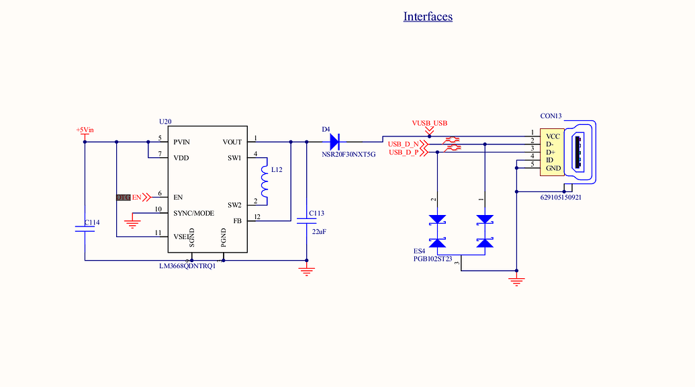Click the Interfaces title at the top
[x=428, y=16]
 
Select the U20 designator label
[x=165, y=122]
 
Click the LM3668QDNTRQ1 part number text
[x=187, y=266]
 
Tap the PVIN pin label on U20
[x=181, y=142]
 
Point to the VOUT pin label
[x=232, y=142]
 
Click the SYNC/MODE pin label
[x=193, y=213]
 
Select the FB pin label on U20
[x=237, y=221]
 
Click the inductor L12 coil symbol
[x=265, y=181]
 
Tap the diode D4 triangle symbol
[x=334, y=142]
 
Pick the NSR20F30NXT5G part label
[x=349, y=154]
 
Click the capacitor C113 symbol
[x=307, y=223]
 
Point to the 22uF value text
[x=318, y=231]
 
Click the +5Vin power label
[x=85, y=130]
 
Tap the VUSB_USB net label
[x=429, y=123]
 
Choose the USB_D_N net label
[x=404, y=144]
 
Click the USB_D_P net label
[x=404, y=153]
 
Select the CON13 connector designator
[x=551, y=116]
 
